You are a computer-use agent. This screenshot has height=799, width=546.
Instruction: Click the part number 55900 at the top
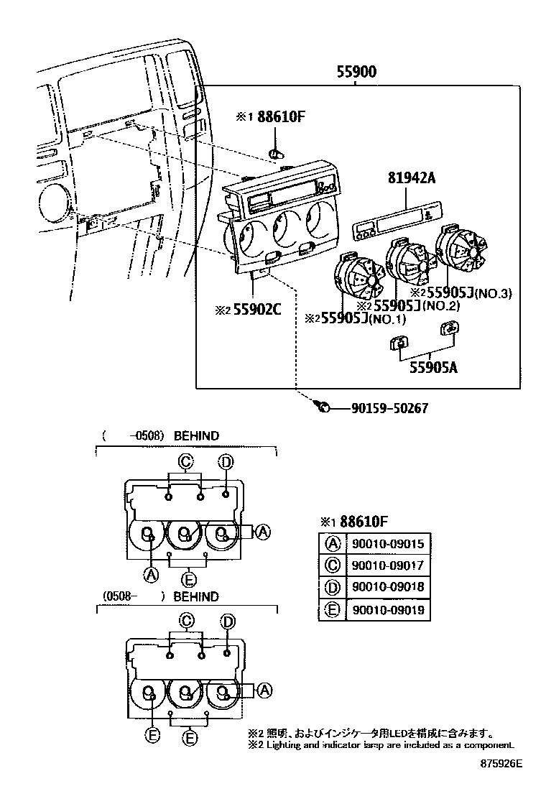pos(357,72)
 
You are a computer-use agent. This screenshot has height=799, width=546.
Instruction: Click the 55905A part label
pos(434,369)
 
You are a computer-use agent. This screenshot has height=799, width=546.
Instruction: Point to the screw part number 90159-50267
pos(390,408)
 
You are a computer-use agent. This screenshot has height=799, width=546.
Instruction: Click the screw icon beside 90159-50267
pos(323,407)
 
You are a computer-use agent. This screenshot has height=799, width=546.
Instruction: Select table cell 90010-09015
pos(387,544)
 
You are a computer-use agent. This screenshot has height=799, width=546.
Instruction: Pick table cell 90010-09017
pos(387,565)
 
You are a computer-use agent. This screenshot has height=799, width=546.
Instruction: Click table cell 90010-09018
pos(387,587)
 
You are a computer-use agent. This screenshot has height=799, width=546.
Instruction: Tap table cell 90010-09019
pos(387,610)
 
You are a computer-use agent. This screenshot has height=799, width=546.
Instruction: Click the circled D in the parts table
pos(333,587)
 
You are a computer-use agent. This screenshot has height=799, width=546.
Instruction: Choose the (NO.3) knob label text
pos(494,293)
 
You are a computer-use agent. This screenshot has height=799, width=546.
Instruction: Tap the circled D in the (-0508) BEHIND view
pos(226,461)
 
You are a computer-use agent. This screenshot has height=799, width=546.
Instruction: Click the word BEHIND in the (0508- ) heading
pos(196,597)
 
